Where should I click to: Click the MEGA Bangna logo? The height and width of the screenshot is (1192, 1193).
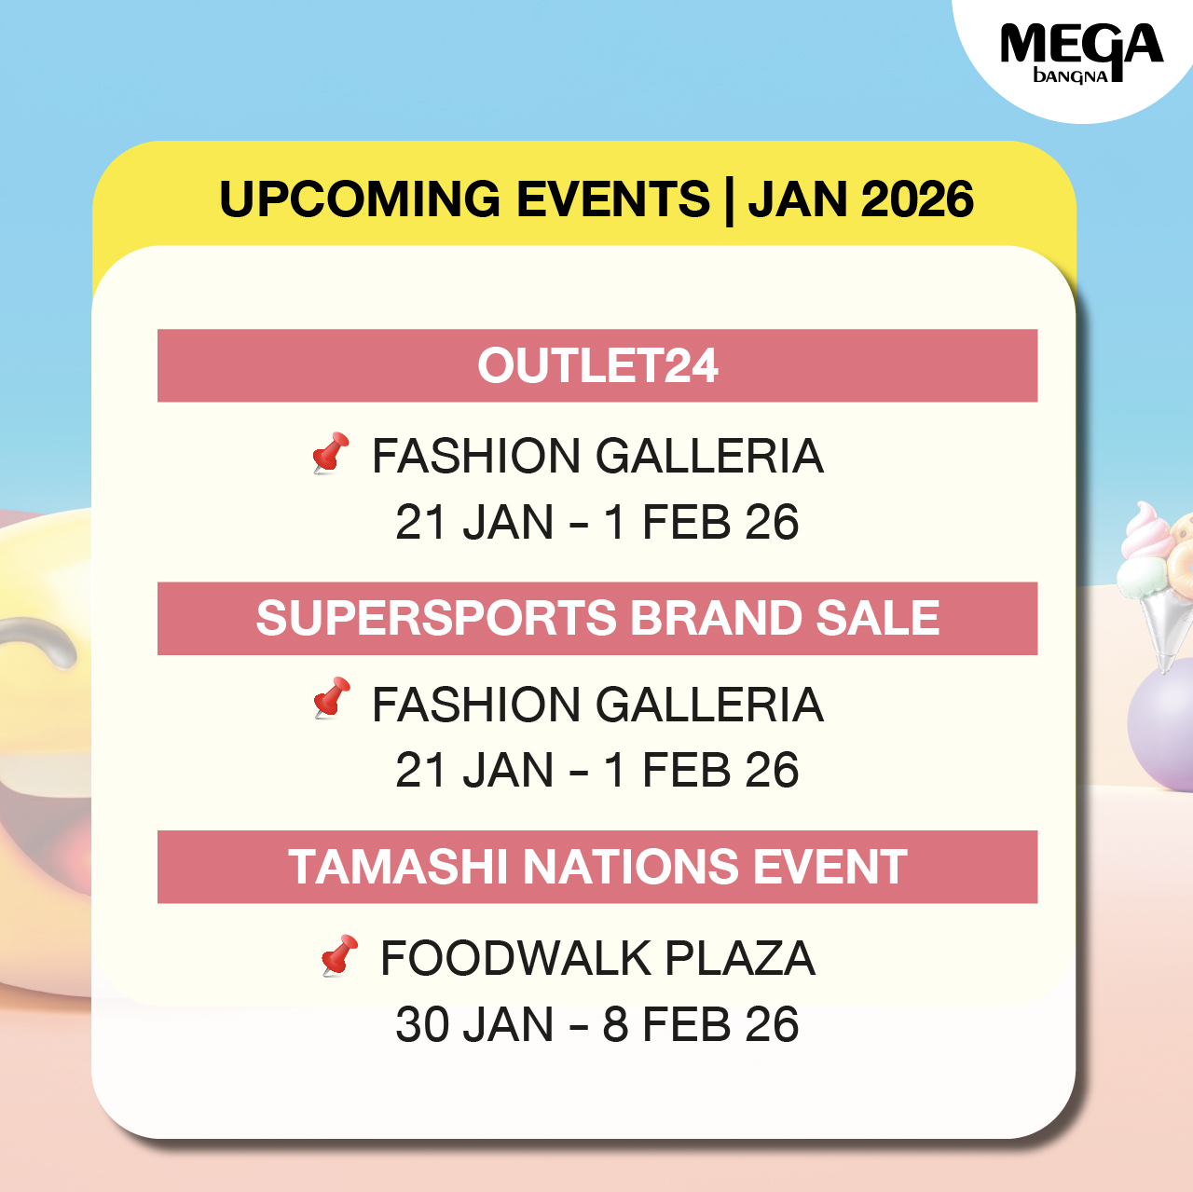pos(1081,53)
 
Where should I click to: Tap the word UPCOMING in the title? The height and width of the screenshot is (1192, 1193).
pos(360,199)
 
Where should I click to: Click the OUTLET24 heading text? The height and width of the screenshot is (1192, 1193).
pos(597,366)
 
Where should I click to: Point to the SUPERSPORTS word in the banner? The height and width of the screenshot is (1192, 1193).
pos(436,618)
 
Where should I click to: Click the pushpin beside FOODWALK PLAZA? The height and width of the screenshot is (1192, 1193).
pos(340,955)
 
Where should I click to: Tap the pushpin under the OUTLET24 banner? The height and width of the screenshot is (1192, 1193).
pos(331,453)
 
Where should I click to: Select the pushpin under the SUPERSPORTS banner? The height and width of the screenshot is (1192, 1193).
pos(332,698)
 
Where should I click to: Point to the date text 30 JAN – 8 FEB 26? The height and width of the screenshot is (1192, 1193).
pos(596,1025)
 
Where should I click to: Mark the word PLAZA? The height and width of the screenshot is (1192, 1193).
pos(740,959)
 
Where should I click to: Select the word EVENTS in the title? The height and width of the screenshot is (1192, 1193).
pos(613,199)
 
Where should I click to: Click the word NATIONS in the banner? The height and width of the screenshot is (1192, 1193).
pos(631,867)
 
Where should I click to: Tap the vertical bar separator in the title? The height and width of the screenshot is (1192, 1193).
pos(729,200)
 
